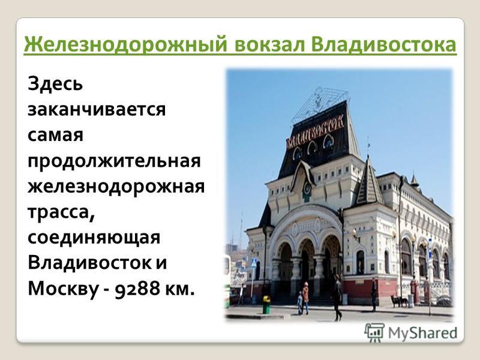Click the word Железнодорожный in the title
point(125,45)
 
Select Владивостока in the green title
point(384,45)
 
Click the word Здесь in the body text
point(55,83)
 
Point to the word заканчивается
point(97,110)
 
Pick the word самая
point(55,135)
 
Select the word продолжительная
point(114,161)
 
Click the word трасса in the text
point(61,212)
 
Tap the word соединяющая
point(94,238)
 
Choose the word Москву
point(63,289)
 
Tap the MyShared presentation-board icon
point(374,332)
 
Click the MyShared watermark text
point(422,332)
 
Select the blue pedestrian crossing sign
point(254,263)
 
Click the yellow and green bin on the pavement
point(266,305)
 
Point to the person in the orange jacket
point(305,297)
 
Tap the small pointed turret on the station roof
point(370,181)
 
